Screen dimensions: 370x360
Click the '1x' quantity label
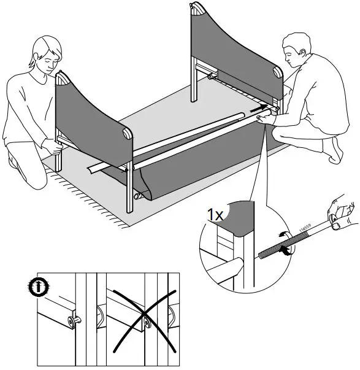215,215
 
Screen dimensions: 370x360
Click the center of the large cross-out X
146,318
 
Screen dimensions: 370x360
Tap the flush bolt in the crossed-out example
147,320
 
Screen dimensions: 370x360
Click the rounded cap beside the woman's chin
61,78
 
